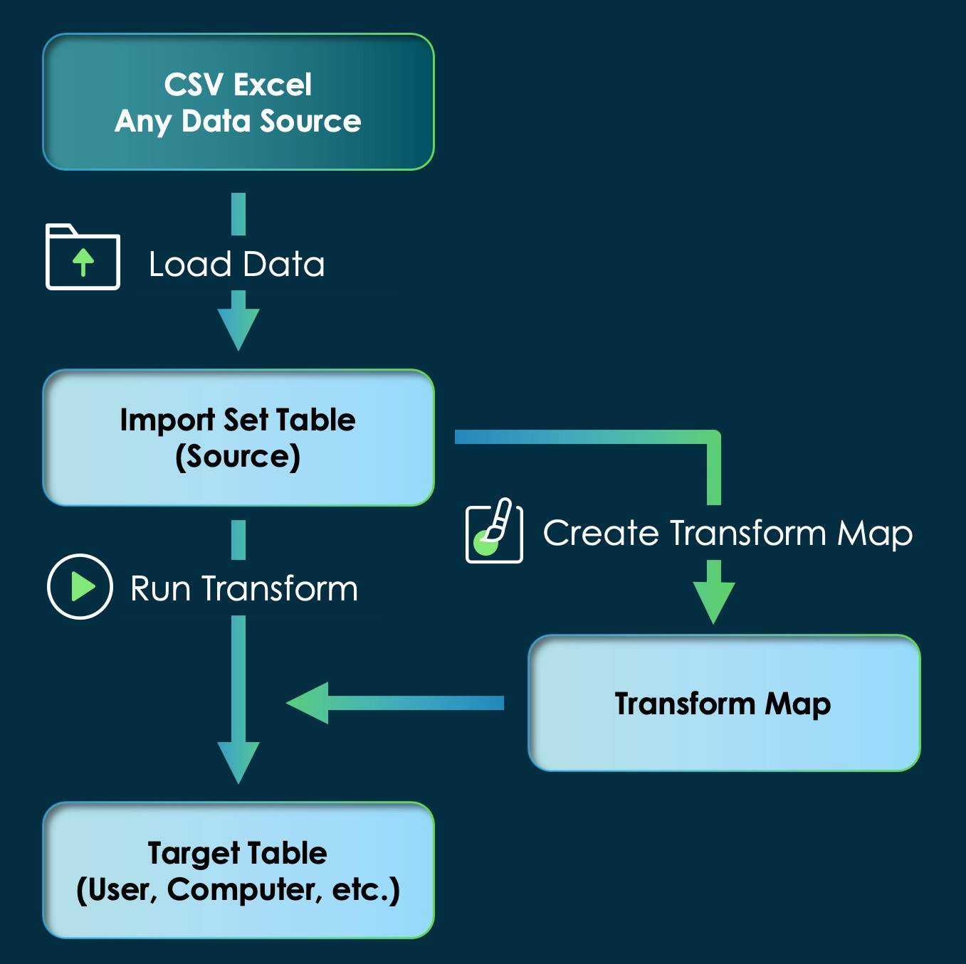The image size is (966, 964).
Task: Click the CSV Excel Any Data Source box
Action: (x=238, y=102)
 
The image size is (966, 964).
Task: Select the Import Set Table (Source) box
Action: (x=238, y=438)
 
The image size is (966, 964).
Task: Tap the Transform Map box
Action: (x=724, y=703)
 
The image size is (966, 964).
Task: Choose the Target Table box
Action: (x=238, y=870)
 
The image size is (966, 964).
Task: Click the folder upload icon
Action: (x=83, y=258)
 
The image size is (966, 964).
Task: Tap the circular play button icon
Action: (x=80, y=587)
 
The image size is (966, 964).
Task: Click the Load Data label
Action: (x=236, y=265)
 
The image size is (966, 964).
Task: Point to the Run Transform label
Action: (x=244, y=589)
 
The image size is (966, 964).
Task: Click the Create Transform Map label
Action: (x=728, y=533)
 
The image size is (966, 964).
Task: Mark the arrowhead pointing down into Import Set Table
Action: (x=238, y=329)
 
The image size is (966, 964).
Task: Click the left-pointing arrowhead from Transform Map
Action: (x=309, y=703)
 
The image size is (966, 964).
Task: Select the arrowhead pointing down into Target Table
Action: (x=238, y=762)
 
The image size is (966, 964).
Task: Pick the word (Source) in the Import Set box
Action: (x=238, y=457)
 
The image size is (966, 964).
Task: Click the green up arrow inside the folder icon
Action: (x=83, y=262)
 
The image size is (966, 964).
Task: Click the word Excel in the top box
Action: (x=273, y=85)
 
